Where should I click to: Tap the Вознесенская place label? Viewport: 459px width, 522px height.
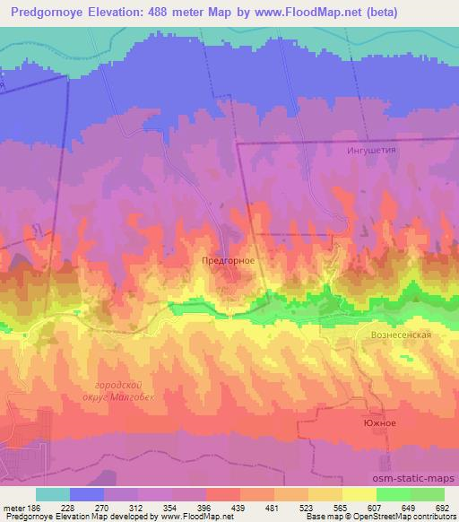pyautogui.click(x=402, y=334)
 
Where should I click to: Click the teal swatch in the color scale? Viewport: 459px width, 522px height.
pyautogui.click(x=53, y=494)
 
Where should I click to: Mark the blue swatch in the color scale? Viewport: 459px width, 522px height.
pyautogui.click(x=87, y=494)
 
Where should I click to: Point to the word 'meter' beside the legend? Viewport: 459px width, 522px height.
pyautogui.click(x=14, y=509)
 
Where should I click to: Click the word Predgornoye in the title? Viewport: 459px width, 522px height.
pyautogui.click(x=51, y=12)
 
